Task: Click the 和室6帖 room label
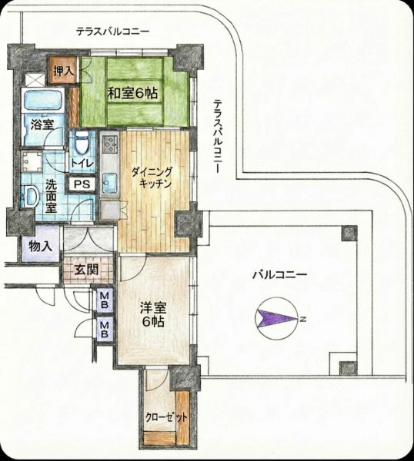(132, 93)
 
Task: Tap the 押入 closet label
(63, 71)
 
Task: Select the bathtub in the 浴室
(42, 101)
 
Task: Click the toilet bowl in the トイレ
(82, 143)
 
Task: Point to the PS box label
(82, 184)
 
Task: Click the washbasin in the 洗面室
(31, 196)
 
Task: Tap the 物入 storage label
(41, 246)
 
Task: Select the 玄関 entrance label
(86, 270)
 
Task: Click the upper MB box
(105, 300)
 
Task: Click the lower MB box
(105, 330)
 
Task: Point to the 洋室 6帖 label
(153, 314)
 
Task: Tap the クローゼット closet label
(167, 417)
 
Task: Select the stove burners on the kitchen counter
(109, 144)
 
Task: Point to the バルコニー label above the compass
(280, 275)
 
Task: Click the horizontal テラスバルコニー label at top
(113, 32)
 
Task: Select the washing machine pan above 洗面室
(32, 161)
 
